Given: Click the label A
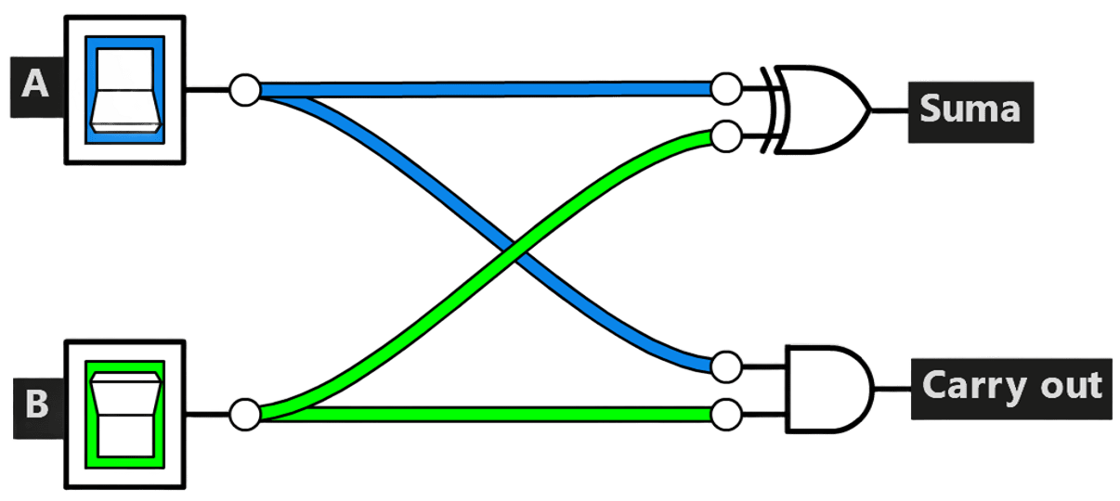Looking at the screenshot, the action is [x=35, y=87].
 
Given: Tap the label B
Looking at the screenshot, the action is [x=37, y=408].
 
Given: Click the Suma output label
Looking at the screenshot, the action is [x=970, y=112].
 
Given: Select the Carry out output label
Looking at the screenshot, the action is [x=1011, y=389].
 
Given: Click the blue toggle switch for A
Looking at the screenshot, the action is [x=125, y=90].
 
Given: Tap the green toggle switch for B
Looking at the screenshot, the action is [x=125, y=415].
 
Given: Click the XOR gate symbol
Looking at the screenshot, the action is [x=816, y=109].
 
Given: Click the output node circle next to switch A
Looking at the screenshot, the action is [x=245, y=90].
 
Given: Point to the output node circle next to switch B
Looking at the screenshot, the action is [x=245, y=415].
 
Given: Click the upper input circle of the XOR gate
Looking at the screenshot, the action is [x=726, y=89].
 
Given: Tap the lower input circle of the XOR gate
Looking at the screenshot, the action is [x=726, y=136].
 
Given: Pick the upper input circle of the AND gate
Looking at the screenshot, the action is [x=726, y=367].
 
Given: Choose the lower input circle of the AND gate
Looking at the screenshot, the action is [x=726, y=415].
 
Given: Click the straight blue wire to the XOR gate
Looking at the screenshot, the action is [x=485, y=89].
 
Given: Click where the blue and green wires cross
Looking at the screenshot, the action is [x=514, y=250].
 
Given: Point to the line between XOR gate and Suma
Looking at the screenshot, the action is [x=890, y=110].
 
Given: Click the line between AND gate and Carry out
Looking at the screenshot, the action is [x=893, y=389].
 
